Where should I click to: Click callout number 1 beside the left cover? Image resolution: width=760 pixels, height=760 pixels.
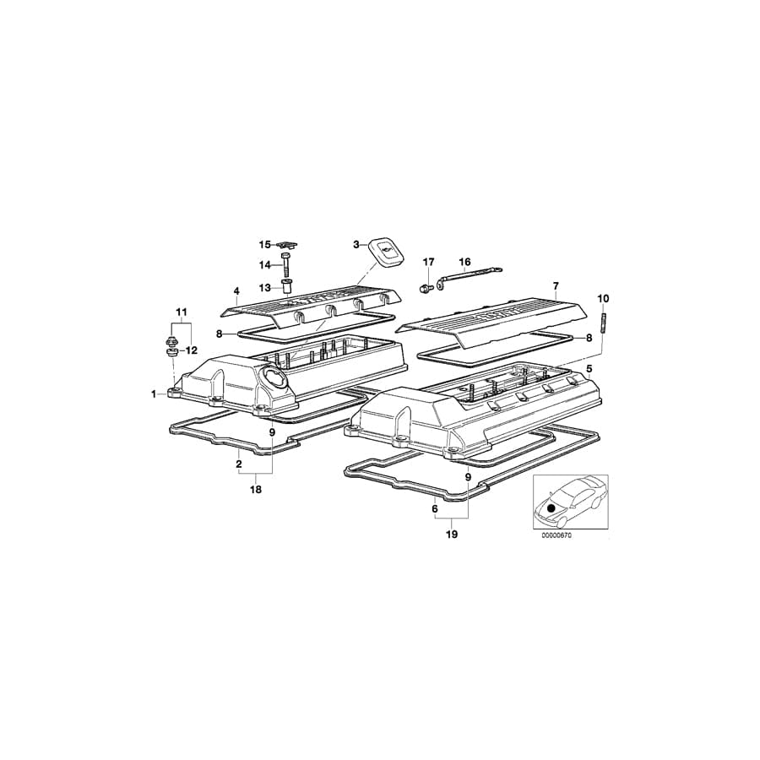(x=155, y=394)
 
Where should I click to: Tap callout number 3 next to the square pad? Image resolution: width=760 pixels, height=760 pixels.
(x=357, y=244)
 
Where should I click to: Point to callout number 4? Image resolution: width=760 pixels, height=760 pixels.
(x=236, y=291)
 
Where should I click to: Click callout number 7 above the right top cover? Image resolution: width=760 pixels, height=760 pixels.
(x=556, y=286)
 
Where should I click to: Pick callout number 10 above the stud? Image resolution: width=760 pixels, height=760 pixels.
(x=603, y=298)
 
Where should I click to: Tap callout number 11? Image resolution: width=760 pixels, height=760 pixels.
(x=181, y=312)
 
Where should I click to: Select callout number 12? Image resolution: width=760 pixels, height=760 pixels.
(x=192, y=350)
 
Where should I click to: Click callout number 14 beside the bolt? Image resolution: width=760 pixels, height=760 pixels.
(x=265, y=265)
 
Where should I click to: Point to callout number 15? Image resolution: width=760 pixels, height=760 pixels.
(x=265, y=245)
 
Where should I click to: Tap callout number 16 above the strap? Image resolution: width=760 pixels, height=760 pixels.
(x=464, y=262)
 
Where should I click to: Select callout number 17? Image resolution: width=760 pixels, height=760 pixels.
(x=428, y=262)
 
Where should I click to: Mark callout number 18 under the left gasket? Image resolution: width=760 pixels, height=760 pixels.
(x=256, y=489)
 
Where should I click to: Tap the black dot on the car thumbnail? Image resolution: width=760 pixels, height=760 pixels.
(x=551, y=508)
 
